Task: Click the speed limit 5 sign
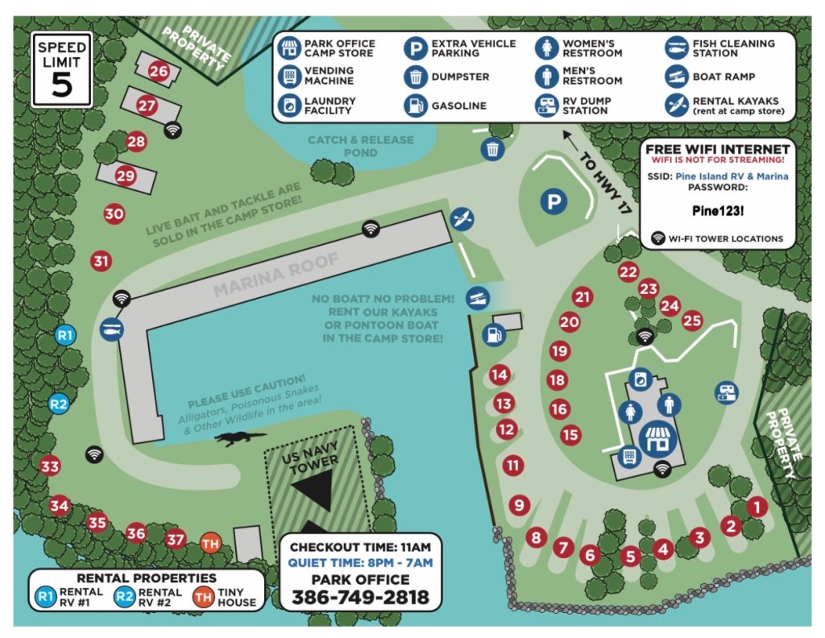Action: [62, 70]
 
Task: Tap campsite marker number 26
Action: [159, 72]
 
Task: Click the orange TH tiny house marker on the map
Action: [210, 542]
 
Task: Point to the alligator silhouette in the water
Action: [239, 438]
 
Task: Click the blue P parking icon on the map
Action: [553, 201]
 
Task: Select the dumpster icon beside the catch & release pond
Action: [493, 149]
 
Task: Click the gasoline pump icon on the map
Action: [493, 332]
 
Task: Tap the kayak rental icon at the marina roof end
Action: [462, 218]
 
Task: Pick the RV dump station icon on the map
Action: [727, 392]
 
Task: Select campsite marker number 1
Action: [757, 507]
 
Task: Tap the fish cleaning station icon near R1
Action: [111, 329]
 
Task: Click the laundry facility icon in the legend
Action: [288, 105]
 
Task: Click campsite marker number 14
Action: [500, 375]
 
